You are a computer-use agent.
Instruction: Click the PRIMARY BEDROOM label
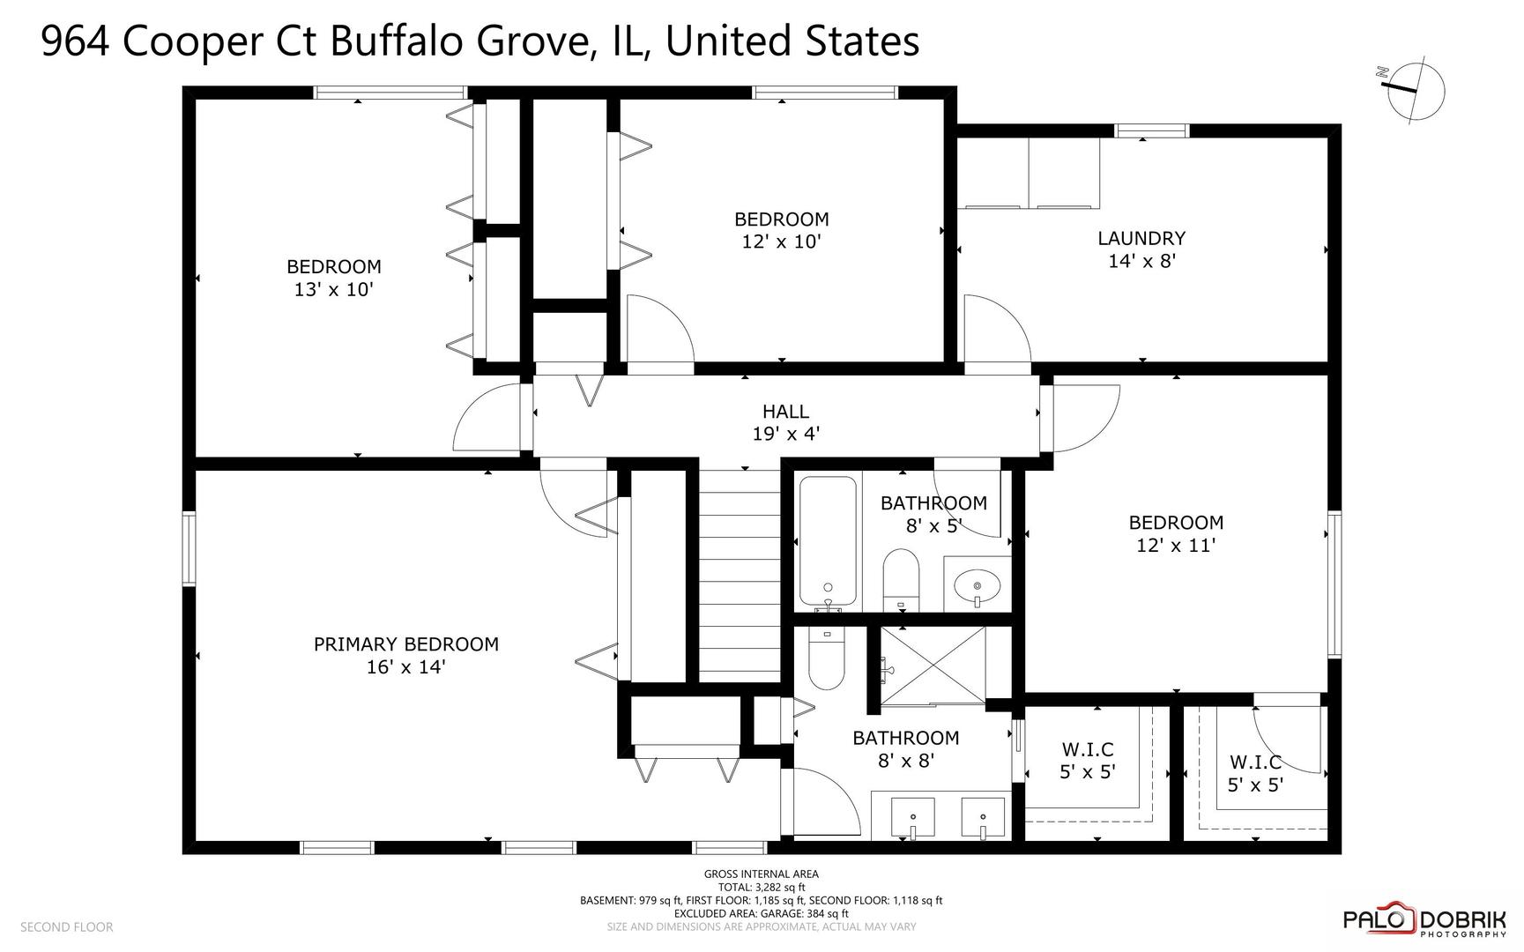[406, 644]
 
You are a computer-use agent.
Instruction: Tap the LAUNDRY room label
[1141, 238]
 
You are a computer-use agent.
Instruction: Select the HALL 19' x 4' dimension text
[785, 434]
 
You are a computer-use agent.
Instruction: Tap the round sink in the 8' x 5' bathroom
[978, 584]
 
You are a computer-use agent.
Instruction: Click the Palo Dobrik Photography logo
[1424, 921]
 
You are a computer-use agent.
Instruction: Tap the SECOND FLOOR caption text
[66, 926]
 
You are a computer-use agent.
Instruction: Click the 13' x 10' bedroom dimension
[334, 289]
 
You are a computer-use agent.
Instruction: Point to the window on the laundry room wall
[1151, 130]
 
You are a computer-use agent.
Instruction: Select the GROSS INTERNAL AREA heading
[761, 874]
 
